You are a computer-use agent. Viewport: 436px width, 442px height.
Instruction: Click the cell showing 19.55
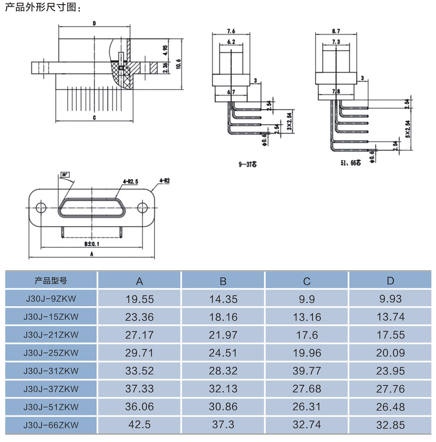click(139, 299)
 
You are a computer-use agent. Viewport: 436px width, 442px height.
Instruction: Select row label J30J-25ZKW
click(51, 353)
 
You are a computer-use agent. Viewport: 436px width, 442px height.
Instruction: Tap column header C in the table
click(307, 281)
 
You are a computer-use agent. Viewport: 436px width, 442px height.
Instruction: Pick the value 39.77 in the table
click(307, 370)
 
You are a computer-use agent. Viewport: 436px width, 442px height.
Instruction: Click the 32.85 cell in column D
click(391, 425)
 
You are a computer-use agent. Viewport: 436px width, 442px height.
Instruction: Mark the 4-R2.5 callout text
click(131, 180)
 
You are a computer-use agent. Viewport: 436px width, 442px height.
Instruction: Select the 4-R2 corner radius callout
click(164, 180)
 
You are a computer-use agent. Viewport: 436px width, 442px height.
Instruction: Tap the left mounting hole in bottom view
click(41, 207)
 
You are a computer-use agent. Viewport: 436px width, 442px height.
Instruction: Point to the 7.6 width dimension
click(231, 31)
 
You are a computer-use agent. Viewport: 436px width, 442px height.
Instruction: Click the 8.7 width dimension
click(336, 31)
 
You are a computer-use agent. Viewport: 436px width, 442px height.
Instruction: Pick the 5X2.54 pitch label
click(408, 129)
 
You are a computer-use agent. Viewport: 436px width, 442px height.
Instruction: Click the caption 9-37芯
click(248, 164)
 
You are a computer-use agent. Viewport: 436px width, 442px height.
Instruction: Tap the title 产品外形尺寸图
click(43, 8)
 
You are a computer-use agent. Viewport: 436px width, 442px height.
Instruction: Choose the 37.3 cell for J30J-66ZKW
click(223, 425)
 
